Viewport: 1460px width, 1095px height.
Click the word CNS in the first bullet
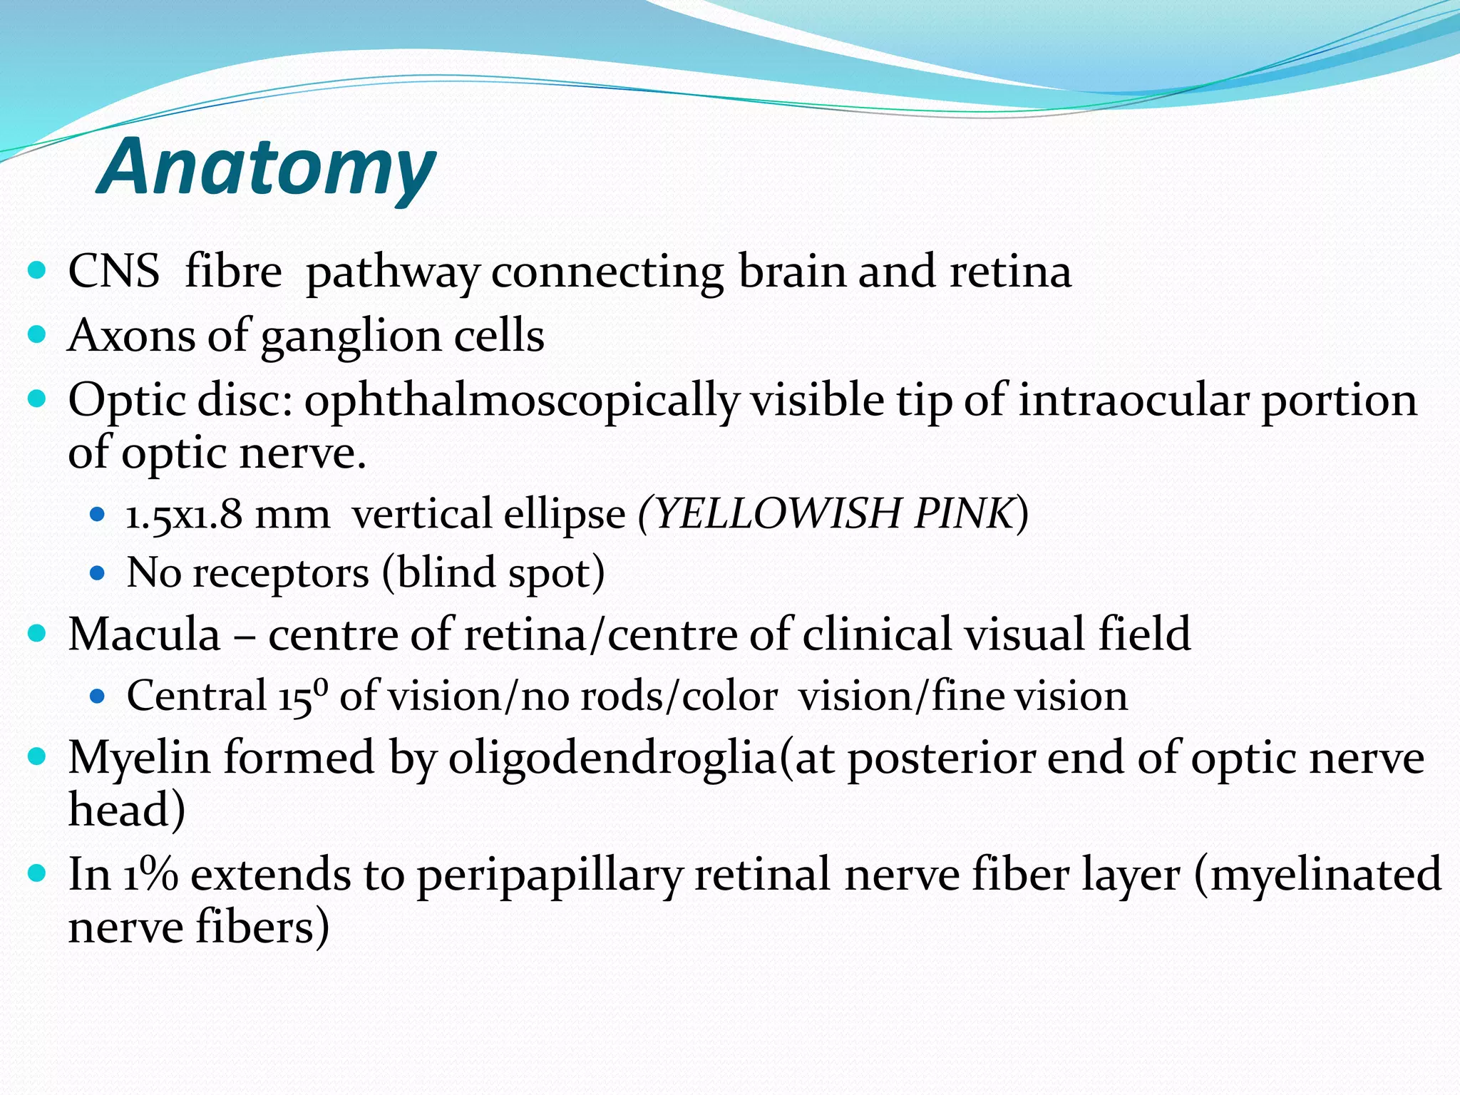[x=113, y=272]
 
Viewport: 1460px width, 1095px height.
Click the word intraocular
[x=1133, y=400]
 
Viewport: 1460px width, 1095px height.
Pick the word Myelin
[x=139, y=757]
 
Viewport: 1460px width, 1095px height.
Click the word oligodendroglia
[x=612, y=757]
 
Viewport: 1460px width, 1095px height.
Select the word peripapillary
[x=550, y=875]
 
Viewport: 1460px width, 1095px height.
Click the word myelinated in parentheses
[x=1325, y=875]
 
